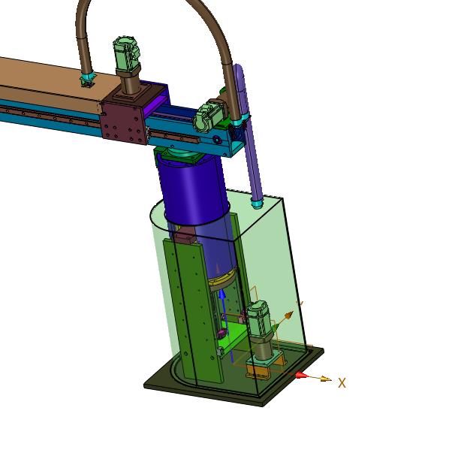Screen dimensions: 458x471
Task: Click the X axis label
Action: pos(342,383)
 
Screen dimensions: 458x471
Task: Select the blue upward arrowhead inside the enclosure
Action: pos(222,295)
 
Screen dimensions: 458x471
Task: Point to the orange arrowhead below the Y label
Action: pos(288,315)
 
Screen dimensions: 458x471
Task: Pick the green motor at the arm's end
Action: pos(209,118)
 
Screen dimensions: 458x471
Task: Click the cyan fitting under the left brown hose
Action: pos(87,77)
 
